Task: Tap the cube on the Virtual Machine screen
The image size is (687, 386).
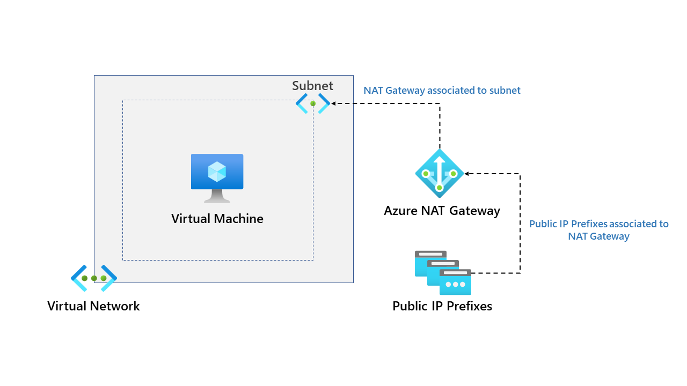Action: click(x=217, y=172)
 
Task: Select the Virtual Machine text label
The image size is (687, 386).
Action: click(x=217, y=219)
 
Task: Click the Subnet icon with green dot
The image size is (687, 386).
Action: click(x=313, y=103)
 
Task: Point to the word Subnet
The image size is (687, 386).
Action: click(x=312, y=86)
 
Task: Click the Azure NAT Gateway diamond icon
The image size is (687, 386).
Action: click(x=439, y=174)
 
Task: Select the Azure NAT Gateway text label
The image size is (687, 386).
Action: click(x=442, y=211)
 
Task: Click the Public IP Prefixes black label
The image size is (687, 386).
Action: click(x=442, y=306)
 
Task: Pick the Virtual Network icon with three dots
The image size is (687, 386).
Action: click(x=94, y=278)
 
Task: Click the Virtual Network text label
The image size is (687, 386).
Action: click(x=93, y=306)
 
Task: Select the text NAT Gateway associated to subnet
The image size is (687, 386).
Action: click(x=442, y=91)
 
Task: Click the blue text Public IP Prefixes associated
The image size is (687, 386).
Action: click(x=598, y=224)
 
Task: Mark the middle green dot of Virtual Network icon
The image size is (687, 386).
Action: click(x=94, y=278)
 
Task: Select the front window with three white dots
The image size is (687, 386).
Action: click(x=455, y=282)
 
